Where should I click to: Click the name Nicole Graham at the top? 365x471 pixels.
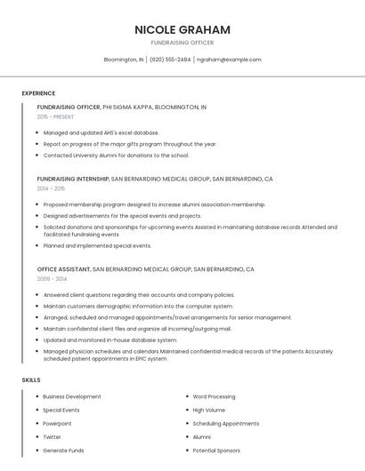[x=182, y=29]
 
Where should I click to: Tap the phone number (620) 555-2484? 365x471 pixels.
[x=170, y=60]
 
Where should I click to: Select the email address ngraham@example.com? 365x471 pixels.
[x=229, y=60]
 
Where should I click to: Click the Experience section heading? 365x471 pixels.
[x=38, y=93]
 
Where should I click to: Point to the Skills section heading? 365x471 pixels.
[x=31, y=380]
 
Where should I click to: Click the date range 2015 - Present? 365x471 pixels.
[x=55, y=116]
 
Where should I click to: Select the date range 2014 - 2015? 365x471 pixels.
[x=51, y=188]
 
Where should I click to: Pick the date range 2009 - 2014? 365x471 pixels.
[x=51, y=278]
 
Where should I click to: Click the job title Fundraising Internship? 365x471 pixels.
[x=73, y=179]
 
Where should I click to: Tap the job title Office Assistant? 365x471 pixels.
[x=63, y=268]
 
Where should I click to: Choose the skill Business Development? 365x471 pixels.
[x=72, y=396]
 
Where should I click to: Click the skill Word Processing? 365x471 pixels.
[x=214, y=396]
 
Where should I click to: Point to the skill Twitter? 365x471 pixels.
[x=53, y=437]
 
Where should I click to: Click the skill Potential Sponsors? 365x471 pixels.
[x=216, y=451]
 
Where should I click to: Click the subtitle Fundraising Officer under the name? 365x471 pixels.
[x=182, y=43]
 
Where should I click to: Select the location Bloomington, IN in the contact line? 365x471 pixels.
[x=124, y=60]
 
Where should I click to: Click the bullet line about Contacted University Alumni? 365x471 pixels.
[x=117, y=156]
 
